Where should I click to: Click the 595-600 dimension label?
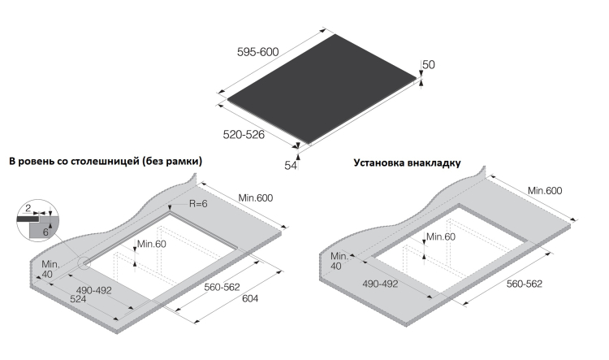(x=258, y=52)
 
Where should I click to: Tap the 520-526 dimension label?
(x=244, y=135)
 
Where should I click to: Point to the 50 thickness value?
(x=429, y=64)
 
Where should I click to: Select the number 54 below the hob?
(x=291, y=166)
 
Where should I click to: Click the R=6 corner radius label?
(x=198, y=204)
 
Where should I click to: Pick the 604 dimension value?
(x=250, y=298)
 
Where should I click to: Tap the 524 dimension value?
(x=78, y=299)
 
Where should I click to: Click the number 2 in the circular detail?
(x=28, y=208)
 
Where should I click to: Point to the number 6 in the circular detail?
(x=45, y=232)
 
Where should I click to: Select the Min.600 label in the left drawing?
(x=256, y=198)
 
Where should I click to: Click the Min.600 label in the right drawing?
(x=545, y=190)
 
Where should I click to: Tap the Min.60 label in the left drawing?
(x=152, y=244)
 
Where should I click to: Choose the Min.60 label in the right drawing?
(x=441, y=236)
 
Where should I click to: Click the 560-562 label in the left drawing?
(x=222, y=287)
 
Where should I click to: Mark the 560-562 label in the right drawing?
(x=525, y=284)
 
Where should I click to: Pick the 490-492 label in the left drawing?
(x=94, y=290)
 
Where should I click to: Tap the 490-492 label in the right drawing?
(x=380, y=284)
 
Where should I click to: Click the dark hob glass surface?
(x=322, y=89)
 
